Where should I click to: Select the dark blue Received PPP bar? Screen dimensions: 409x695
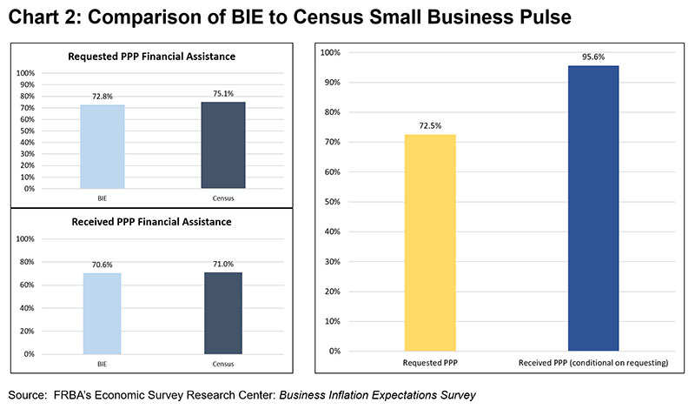(593, 208)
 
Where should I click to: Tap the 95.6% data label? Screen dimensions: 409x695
(593, 57)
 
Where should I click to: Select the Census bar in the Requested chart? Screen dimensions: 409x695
(223, 144)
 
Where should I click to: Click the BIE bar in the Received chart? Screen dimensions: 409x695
(103, 313)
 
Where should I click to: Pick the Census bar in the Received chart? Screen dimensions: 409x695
(223, 312)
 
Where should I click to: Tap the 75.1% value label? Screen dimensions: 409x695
(223, 94)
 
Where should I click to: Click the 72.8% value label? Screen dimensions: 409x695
(103, 97)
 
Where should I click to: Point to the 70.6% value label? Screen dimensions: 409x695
(103, 265)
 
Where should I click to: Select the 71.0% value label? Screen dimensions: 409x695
(223, 264)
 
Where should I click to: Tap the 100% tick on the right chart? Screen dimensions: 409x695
(329, 52)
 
